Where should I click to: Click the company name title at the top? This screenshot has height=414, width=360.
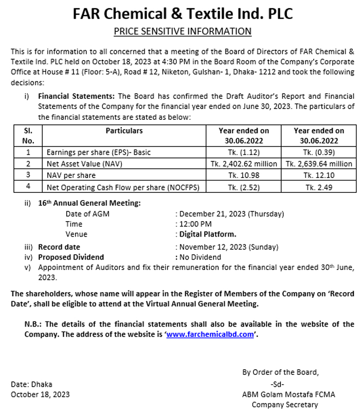click(x=183, y=13)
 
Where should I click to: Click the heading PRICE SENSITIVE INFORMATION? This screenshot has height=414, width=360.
click(x=183, y=32)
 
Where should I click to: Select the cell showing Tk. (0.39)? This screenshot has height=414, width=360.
click(x=318, y=152)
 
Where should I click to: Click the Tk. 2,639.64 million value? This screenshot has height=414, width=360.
click(x=318, y=164)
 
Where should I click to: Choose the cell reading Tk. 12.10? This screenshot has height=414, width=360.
click(x=318, y=176)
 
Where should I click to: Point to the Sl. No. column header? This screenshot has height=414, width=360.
click(x=28, y=136)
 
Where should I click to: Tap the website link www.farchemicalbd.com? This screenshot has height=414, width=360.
click(x=210, y=334)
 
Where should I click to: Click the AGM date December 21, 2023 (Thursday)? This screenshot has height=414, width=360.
click(x=231, y=214)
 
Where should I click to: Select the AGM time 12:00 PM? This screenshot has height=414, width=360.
click(x=195, y=224)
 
